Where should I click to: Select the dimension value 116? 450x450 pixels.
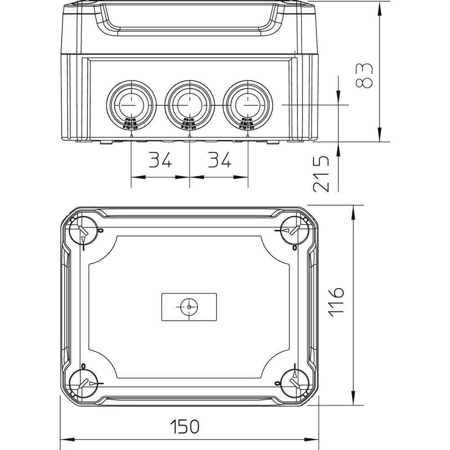(x=336, y=301)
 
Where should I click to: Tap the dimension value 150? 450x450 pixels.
(x=184, y=426)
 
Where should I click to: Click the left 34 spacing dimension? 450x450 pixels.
(x=160, y=161)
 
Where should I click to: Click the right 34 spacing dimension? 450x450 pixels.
(x=219, y=161)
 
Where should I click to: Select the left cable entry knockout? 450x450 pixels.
(x=131, y=104)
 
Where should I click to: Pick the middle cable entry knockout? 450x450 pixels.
(x=189, y=104)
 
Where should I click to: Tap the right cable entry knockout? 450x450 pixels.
(x=247, y=104)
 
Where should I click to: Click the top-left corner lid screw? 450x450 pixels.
(x=82, y=230)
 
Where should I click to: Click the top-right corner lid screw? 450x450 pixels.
(x=295, y=230)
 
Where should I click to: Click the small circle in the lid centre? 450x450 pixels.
(x=189, y=307)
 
